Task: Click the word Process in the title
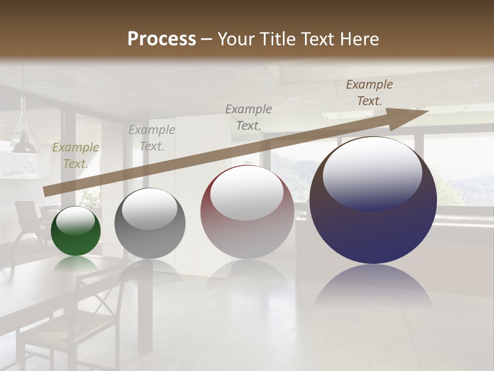(x=162, y=39)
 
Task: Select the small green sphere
(x=76, y=231)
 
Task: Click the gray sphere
(x=150, y=224)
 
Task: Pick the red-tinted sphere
(x=247, y=212)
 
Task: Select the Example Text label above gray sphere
(x=152, y=138)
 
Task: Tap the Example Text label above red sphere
(x=249, y=117)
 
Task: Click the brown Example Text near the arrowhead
(x=369, y=93)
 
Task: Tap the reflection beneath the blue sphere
(x=373, y=289)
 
